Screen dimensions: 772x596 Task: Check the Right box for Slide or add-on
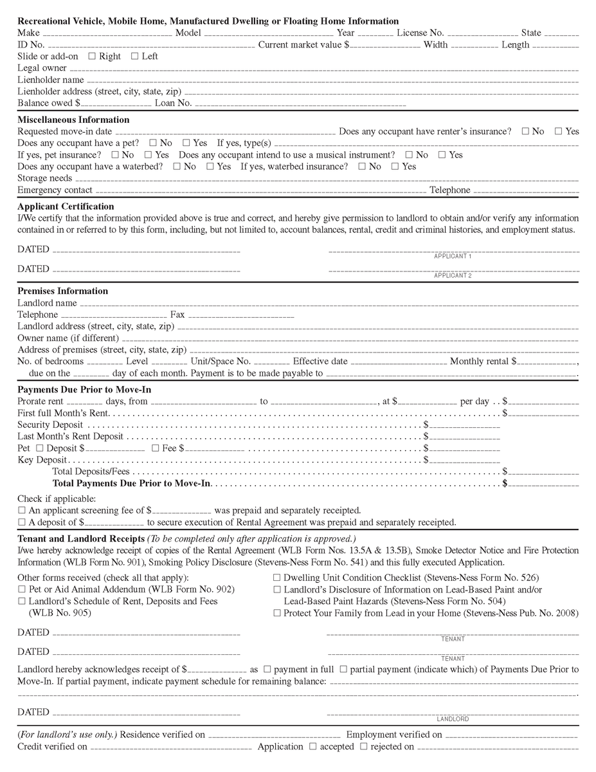pos(92,56)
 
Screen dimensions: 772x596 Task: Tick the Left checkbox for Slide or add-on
pos(134,56)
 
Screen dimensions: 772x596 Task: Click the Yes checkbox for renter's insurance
pos(558,131)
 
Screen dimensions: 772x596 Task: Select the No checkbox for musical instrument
pos(409,154)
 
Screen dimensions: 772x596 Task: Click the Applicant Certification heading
pos(66,207)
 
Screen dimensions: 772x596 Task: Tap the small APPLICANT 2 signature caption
pos(453,275)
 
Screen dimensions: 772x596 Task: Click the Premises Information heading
pos(62,291)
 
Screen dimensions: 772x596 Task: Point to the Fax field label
pos(177,315)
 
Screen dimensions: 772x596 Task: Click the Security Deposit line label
pos(50,425)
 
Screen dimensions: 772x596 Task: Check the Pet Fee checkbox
pos(155,448)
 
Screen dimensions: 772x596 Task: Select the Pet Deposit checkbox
pos(40,448)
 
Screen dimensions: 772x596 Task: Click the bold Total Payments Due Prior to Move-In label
pos(132,482)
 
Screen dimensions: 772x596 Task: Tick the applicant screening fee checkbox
pos(22,510)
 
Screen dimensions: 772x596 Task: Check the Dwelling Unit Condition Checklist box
pos(277,578)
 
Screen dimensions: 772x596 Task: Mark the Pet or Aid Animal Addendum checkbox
pos(22,589)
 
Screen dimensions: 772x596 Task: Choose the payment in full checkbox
pos(267,670)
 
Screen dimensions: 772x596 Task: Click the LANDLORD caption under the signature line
pos(453,719)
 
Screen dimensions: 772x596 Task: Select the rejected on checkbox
pos(364,746)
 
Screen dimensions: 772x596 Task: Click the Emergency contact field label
pos(55,190)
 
